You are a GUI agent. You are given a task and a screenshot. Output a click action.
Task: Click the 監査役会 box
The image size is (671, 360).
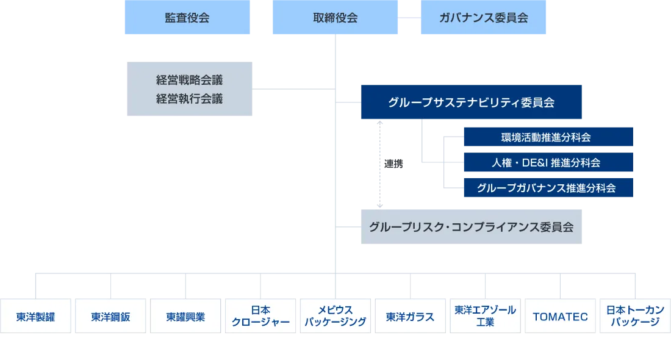pos(187,18)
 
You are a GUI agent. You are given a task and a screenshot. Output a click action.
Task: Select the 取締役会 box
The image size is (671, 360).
pos(334,18)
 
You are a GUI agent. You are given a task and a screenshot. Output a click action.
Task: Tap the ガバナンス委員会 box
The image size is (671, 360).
pos(483,18)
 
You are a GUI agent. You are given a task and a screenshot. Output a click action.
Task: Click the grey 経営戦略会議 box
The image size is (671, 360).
pos(190,88)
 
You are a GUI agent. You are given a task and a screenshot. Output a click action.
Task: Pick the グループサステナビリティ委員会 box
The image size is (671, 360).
pos(473,102)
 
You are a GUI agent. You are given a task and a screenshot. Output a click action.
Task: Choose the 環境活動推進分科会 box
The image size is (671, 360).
pos(548,137)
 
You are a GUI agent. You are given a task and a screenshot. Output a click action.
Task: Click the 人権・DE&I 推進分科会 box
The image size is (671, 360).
pos(548,163)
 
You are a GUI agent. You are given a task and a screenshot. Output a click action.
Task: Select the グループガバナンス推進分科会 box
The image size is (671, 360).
pos(548,188)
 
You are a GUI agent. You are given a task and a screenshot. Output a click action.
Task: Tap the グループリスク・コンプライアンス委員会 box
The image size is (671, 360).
pos(473,226)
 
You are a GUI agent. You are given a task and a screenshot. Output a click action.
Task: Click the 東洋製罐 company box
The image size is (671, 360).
pos(35,317)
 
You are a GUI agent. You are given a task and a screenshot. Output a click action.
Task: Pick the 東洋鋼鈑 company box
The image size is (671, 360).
pos(110,317)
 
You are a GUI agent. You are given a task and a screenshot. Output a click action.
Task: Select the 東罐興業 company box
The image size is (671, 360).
pos(185,317)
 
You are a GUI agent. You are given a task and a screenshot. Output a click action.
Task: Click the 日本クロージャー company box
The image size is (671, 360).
pos(260,316)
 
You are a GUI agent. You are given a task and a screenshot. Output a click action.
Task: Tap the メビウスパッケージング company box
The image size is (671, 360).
pos(335,316)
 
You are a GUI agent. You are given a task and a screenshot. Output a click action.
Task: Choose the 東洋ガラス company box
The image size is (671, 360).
pos(411,317)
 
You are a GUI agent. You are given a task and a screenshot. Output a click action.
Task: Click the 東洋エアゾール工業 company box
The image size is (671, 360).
pos(486,316)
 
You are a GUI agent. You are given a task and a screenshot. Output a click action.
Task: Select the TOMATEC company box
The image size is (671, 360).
pos(560,317)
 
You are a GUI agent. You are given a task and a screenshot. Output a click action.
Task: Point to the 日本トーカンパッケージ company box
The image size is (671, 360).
pos(634,316)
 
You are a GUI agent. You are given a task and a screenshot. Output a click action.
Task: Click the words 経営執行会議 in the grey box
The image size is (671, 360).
pos(190,99)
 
